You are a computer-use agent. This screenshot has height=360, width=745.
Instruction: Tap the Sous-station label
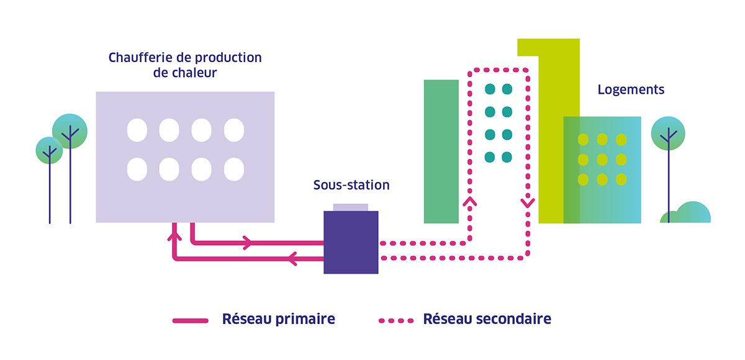tap(351, 185)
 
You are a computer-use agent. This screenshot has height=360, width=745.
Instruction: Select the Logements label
tap(631, 89)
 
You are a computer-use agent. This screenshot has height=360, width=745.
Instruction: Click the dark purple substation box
tap(351, 242)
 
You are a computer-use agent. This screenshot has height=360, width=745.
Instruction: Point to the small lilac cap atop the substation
tap(351, 207)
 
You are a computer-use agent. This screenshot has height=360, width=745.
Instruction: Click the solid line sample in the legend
tap(190, 320)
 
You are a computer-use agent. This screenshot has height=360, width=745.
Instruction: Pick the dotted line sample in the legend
tap(396, 320)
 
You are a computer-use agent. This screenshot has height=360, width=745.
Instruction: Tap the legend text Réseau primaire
tap(278, 319)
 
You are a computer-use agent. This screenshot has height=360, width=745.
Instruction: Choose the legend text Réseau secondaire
tap(487, 319)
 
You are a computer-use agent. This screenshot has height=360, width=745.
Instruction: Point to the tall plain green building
tap(441, 151)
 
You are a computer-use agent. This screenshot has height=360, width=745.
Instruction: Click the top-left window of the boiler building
tap(137, 130)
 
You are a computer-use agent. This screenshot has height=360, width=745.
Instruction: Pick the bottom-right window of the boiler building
tap(233, 169)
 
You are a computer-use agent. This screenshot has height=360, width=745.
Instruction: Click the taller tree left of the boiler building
tap(70, 131)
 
